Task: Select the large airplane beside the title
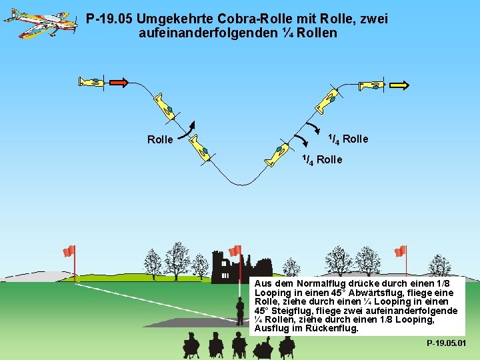click(x=39, y=23)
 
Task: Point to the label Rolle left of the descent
click(x=160, y=140)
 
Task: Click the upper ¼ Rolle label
click(x=347, y=139)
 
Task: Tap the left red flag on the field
click(x=69, y=251)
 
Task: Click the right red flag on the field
click(x=400, y=251)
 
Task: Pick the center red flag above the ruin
click(x=235, y=251)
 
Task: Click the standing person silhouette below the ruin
click(x=240, y=311)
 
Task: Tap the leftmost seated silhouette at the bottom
click(x=191, y=345)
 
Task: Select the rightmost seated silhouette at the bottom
click(x=287, y=345)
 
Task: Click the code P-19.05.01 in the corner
click(x=446, y=343)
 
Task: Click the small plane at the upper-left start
click(x=91, y=83)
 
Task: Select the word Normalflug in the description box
click(x=309, y=284)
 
